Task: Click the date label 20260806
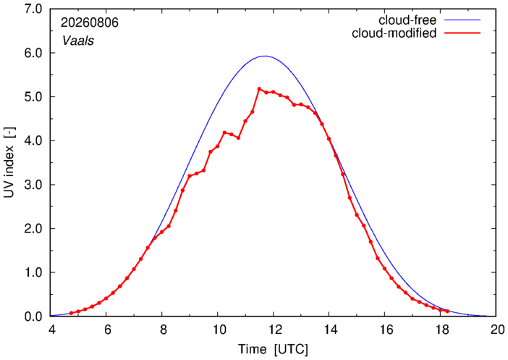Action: [x=90, y=22]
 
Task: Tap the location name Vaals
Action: [x=78, y=41]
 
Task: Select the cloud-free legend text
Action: [x=407, y=20]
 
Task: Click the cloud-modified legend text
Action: [x=394, y=33]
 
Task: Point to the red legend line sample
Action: [x=462, y=33]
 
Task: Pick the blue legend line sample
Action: [x=462, y=20]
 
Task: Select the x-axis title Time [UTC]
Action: [x=273, y=350]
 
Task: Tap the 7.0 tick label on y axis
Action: [x=33, y=9]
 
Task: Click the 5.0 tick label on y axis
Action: [x=33, y=97]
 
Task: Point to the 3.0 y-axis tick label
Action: [x=33, y=185]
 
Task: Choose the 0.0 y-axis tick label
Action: [x=33, y=317]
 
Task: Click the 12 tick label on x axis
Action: [x=273, y=330]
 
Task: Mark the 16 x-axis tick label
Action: [x=384, y=330]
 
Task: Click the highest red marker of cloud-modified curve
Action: [x=259, y=89]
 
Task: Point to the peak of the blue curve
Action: [x=266, y=56]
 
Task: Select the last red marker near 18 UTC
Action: [x=447, y=311]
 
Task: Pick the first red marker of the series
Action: [x=71, y=313]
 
